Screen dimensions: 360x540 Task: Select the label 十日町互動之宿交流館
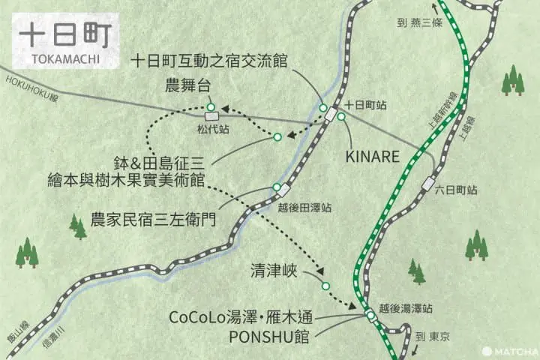coord(209,60)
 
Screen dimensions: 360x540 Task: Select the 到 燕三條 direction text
coord(421,23)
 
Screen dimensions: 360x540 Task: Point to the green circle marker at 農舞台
coord(211,106)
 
